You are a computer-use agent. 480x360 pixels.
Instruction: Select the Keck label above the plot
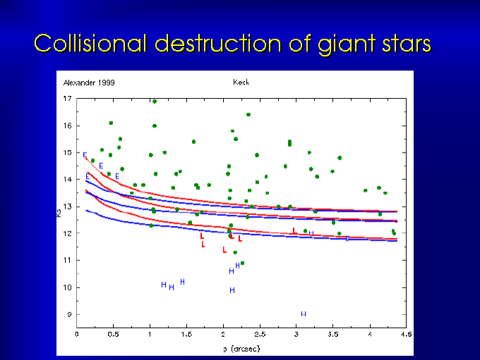point(241,83)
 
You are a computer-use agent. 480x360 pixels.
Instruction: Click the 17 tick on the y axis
point(68,98)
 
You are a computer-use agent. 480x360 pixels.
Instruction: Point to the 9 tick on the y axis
point(70,314)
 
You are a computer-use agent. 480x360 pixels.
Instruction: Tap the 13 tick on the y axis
point(68,206)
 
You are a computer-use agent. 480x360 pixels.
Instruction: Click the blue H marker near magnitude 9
point(304,313)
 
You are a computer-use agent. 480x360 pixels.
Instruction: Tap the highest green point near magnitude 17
point(154,101)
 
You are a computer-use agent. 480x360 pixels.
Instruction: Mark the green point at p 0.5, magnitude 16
point(111,123)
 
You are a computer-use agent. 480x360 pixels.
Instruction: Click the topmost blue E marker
point(85,155)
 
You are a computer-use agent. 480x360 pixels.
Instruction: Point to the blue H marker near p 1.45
point(182,282)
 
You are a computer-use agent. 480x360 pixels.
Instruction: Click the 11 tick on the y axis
point(68,260)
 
